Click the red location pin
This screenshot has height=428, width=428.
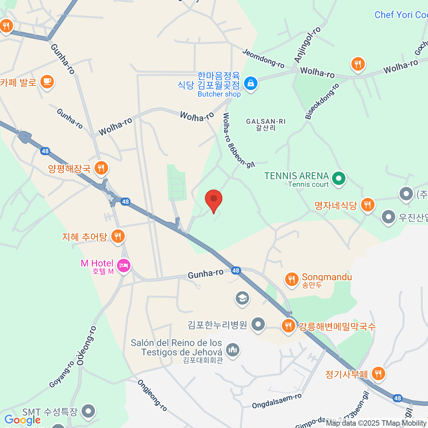214,199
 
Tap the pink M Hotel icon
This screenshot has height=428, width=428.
124,265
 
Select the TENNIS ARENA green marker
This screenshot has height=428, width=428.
338,178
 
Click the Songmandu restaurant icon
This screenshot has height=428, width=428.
292,279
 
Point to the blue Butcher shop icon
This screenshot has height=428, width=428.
251,84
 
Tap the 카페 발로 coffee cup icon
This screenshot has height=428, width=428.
47,82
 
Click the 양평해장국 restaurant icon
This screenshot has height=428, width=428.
101,167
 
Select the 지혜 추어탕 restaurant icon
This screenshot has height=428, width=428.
118,236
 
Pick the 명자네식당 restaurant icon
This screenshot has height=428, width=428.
367,205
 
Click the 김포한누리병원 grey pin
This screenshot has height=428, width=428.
258,324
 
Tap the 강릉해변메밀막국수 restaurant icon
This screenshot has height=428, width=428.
288,325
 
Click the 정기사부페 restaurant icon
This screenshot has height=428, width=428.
378,373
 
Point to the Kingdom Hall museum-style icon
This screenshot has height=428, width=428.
233,349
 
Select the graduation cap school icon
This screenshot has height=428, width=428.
243,297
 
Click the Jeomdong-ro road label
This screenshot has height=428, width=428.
263,58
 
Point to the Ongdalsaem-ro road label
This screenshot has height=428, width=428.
276,401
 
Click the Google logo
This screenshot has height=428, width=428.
22,420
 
